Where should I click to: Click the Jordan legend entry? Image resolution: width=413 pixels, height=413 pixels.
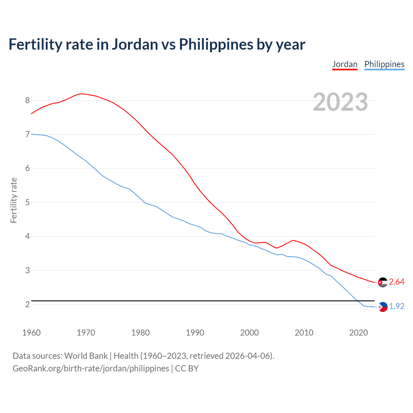pos(345,64)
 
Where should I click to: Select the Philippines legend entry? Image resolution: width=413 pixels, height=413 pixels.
pos(384,64)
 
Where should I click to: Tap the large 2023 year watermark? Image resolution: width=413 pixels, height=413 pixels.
pos(340,102)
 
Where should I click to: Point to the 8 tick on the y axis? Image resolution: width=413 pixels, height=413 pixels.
pos(27,100)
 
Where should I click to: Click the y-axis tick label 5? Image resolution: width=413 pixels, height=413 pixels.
pos(27,203)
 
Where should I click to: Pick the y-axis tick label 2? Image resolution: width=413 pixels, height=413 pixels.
pos(27,304)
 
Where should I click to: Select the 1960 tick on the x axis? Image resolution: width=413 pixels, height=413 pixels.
pos(31,333)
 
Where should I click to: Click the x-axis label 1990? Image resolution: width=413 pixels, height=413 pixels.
pos(195,333)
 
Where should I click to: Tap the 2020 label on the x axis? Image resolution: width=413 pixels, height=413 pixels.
pos(358,333)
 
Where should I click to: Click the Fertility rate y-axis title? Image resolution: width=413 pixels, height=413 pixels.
pos(14,200)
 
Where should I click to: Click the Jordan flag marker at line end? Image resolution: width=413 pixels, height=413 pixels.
pos(383,282)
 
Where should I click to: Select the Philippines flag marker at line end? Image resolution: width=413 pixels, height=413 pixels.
pos(383,307)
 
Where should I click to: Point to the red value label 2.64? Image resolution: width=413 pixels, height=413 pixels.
pos(397,282)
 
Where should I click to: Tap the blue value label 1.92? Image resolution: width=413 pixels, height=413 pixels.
pos(397,306)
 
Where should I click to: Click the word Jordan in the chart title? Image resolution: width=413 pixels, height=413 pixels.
pos(135,45)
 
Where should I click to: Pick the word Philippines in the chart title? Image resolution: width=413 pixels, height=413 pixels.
pos(216,45)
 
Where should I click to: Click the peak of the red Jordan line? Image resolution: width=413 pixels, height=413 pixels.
pos(80,94)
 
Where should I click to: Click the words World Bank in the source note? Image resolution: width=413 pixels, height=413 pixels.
pos(86,356)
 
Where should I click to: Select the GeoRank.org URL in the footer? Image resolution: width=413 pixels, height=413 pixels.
pos(91,368)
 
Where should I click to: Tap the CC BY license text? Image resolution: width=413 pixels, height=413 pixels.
pos(187,368)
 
